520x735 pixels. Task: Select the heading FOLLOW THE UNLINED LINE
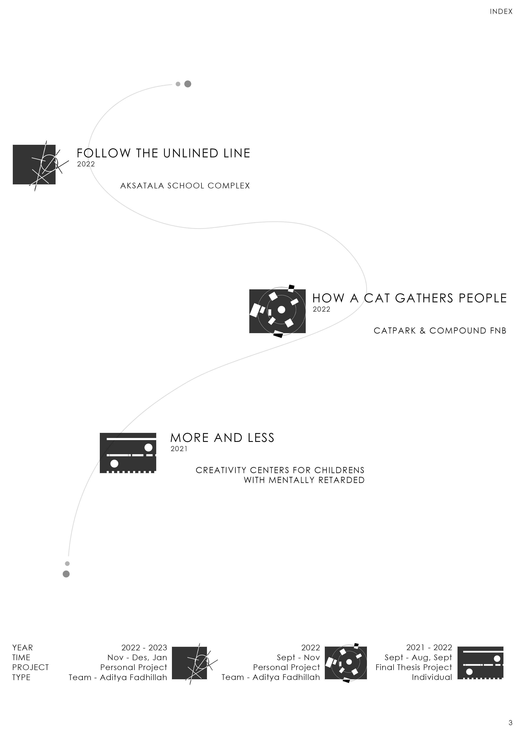163,153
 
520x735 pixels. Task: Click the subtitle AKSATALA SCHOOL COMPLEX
185,186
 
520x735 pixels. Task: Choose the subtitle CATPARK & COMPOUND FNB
439,331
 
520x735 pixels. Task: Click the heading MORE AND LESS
222,438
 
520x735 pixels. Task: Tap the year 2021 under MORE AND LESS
179,449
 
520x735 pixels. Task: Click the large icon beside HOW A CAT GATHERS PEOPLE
277,311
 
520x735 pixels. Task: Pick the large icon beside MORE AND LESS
128,453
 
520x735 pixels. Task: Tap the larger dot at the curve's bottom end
66,574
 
